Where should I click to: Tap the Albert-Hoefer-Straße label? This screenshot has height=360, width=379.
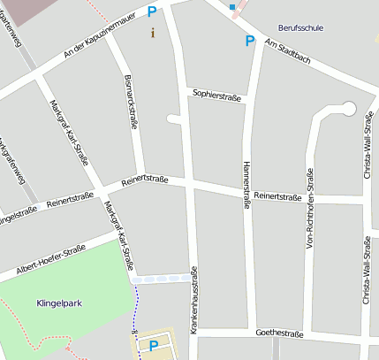tap(50, 262)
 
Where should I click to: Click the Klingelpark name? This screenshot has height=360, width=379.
tap(59, 303)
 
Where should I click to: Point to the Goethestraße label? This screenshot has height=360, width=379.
tap(278, 333)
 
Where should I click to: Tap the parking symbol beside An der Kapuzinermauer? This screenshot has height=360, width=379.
tap(151, 12)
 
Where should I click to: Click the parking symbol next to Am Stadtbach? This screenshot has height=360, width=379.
tap(250, 41)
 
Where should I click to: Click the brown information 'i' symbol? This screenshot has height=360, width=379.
tap(152, 33)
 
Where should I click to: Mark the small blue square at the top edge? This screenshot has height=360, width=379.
tap(232, 7)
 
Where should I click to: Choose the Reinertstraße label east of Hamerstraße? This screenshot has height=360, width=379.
tap(277, 196)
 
